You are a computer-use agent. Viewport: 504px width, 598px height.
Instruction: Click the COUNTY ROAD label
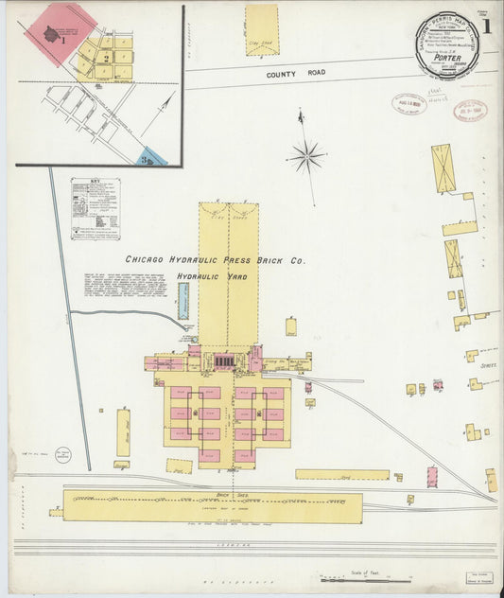(294, 73)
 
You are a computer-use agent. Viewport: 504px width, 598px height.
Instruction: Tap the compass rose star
(306, 154)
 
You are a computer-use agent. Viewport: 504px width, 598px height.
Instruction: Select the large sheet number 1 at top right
(487, 26)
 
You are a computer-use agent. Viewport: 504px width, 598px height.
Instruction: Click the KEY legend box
(95, 207)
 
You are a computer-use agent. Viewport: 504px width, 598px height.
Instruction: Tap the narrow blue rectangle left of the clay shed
(183, 301)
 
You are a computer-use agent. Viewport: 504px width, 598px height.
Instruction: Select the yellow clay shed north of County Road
(262, 31)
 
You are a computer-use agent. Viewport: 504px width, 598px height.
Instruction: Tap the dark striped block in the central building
(224, 361)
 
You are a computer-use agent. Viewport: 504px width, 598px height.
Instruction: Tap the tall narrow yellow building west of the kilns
(123, 432)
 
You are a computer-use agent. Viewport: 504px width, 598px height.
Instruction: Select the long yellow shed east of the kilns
(341, 474)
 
